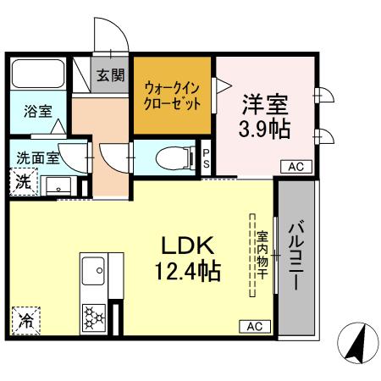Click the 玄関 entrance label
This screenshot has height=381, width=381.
[x=109, y=75]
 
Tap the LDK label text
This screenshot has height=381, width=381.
[x=191, y=246]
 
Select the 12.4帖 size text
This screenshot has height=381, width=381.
[x=191, y=272]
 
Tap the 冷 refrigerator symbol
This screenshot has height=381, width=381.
[x=25, y=321]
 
